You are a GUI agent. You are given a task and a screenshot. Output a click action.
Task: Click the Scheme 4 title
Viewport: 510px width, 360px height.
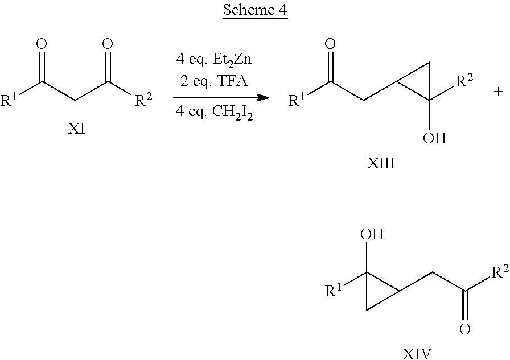pyautogui.click(x=255, y=10)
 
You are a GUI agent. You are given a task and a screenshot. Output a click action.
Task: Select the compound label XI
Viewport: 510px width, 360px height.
pyautogui.click(x=76, y=129)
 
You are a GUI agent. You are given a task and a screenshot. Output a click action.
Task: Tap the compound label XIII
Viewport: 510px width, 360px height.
pyautogui.click(x=381, y=163)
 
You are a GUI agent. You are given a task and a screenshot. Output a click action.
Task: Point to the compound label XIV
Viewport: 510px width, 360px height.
pyautogui.click(x=417, y=354)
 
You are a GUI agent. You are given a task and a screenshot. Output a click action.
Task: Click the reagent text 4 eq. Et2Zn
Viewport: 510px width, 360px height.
pyautogui.click(x=213, y=60)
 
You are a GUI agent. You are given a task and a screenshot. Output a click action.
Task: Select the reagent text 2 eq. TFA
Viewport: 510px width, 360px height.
pyautogui.click(x=213, y=81)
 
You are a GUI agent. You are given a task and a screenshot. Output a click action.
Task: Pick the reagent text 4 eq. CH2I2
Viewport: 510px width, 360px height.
pyautogui.click(x=214, y=113)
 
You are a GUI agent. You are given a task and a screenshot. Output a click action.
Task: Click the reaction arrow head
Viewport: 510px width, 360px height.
pyautogui.click(x=263, y=97)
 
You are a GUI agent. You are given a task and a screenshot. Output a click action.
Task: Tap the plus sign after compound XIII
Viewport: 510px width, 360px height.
pyautogui.click(x=498, y=92)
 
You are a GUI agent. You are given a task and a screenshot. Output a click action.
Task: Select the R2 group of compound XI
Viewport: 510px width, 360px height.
pyautogui.click(x=143, y=100)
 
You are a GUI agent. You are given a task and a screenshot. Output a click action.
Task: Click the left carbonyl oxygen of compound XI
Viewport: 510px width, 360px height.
pyautogui.click(x=42, y=44)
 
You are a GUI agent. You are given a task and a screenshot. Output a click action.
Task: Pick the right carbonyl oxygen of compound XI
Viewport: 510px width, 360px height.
pyautogui.click(x=108, y=44)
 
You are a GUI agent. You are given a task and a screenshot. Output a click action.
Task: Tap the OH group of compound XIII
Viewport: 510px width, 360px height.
pyautogui.click(x=434, y=138)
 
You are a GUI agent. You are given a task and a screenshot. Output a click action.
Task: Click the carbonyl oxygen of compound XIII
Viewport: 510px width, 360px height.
pyautogui.click(x=330, y=44)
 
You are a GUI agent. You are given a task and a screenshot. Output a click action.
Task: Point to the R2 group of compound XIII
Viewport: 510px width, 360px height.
pyautogui.click(x=464, y=80)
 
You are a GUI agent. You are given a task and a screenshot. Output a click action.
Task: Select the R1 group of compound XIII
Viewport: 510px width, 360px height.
pyautogui.click(x=297, y=100)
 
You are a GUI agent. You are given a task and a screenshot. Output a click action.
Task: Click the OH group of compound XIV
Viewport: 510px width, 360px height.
pyautogui.click(x=372, y=234)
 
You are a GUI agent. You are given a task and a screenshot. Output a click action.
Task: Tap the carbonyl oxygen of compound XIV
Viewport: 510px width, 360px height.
pyautogui.click(x=465, y=329)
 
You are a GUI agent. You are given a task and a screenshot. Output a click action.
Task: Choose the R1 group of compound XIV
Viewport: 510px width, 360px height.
pyautogui.click(x=334, y=290)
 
